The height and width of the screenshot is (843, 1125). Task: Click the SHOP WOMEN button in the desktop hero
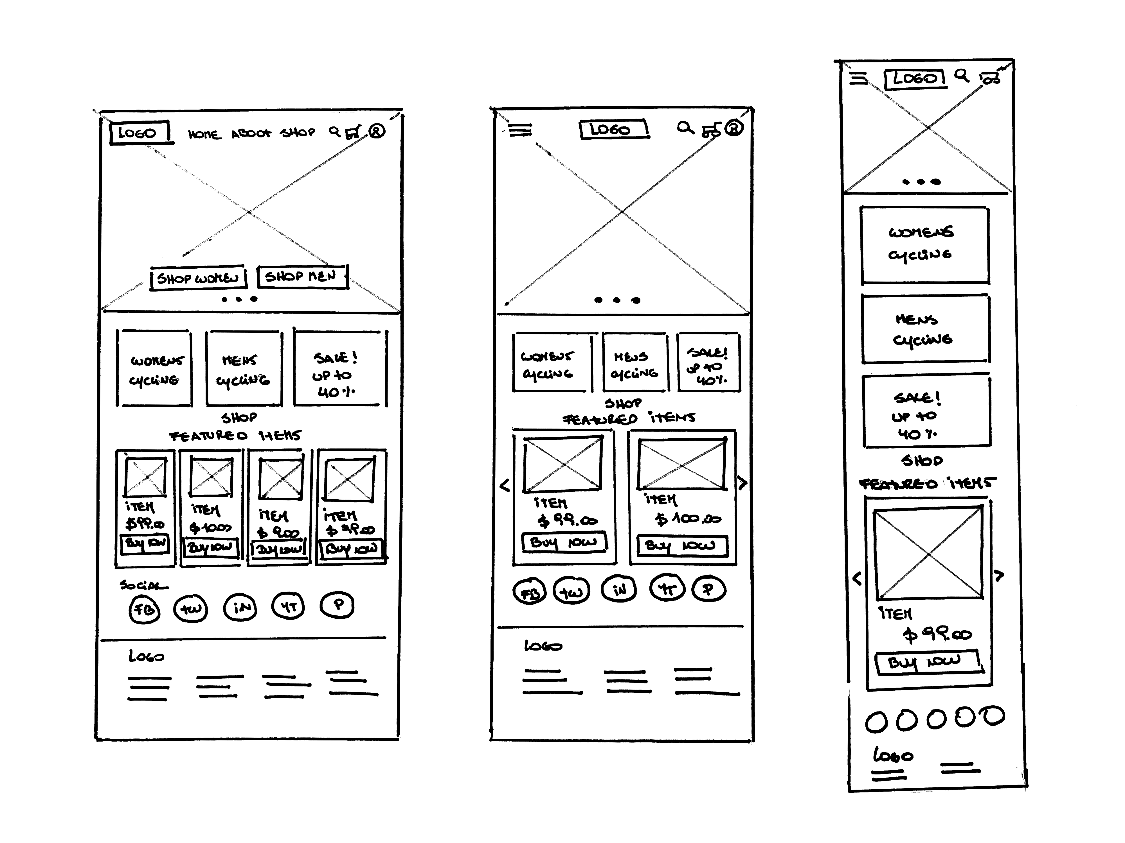coord(198,278)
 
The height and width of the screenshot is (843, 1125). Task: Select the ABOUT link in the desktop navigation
coord(251,134)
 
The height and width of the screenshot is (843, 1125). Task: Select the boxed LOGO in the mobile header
coord(915,79)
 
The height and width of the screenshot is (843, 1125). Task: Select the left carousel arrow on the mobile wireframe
coord(857,578)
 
